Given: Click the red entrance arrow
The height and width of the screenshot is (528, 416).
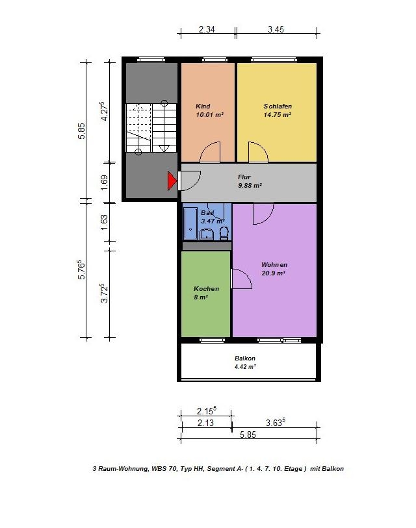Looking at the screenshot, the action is pos(172,181).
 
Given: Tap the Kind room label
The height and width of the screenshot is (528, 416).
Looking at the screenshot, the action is pos(203,106).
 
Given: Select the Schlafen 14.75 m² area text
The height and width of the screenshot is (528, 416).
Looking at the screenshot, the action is pos(277,114).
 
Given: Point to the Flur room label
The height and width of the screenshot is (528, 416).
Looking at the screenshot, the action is pos(244,177).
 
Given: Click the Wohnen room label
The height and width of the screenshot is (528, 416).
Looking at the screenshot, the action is pos(274,265).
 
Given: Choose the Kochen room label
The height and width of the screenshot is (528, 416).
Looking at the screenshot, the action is pos(206,288).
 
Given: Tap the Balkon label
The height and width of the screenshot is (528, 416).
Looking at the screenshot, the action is pos(245,358).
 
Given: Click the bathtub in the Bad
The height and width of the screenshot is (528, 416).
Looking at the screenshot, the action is pos(190,223).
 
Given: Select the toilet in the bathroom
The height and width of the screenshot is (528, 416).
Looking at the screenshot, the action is pos(224,233).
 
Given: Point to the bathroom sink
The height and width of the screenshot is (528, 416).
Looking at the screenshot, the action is pos(206,234).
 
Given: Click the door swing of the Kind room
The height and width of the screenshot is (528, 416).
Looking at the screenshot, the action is pos(211,152).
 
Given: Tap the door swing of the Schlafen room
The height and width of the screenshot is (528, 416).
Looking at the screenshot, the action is pos(258,152).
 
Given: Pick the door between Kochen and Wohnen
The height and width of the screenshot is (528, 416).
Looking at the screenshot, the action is pos(241,279).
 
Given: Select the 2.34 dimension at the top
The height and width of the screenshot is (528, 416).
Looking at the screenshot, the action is pos(207,29).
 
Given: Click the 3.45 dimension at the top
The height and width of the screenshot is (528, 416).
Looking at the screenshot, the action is pos(276,29).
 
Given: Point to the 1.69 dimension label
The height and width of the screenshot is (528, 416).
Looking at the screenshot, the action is pos(104,182).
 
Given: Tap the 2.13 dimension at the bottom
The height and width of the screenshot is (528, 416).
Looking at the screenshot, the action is pos(205,423).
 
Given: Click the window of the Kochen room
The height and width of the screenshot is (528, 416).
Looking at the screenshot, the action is pos(212,340).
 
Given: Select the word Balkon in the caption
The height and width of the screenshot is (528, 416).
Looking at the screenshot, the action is pos(333,469).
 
